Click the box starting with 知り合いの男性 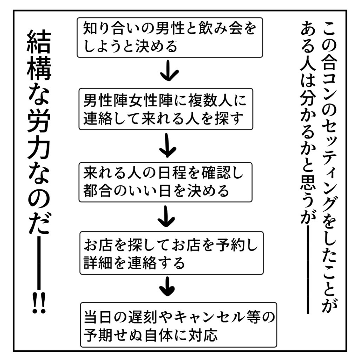(170, 38)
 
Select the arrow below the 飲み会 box (169, 71)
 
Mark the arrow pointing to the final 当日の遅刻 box (167, 287)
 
